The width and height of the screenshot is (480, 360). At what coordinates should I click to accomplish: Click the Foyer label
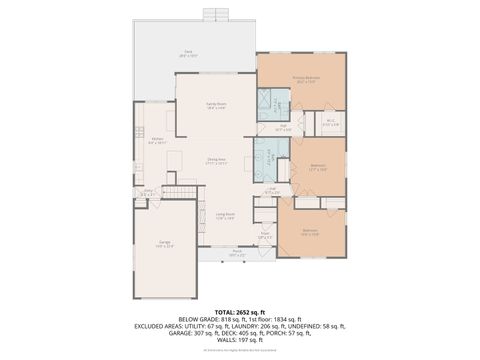[x=265, y=236]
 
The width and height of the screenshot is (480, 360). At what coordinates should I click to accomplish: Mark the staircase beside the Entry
[x=181, y=191]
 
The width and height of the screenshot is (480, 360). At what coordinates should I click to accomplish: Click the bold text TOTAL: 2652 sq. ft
[x=239, y=311]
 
